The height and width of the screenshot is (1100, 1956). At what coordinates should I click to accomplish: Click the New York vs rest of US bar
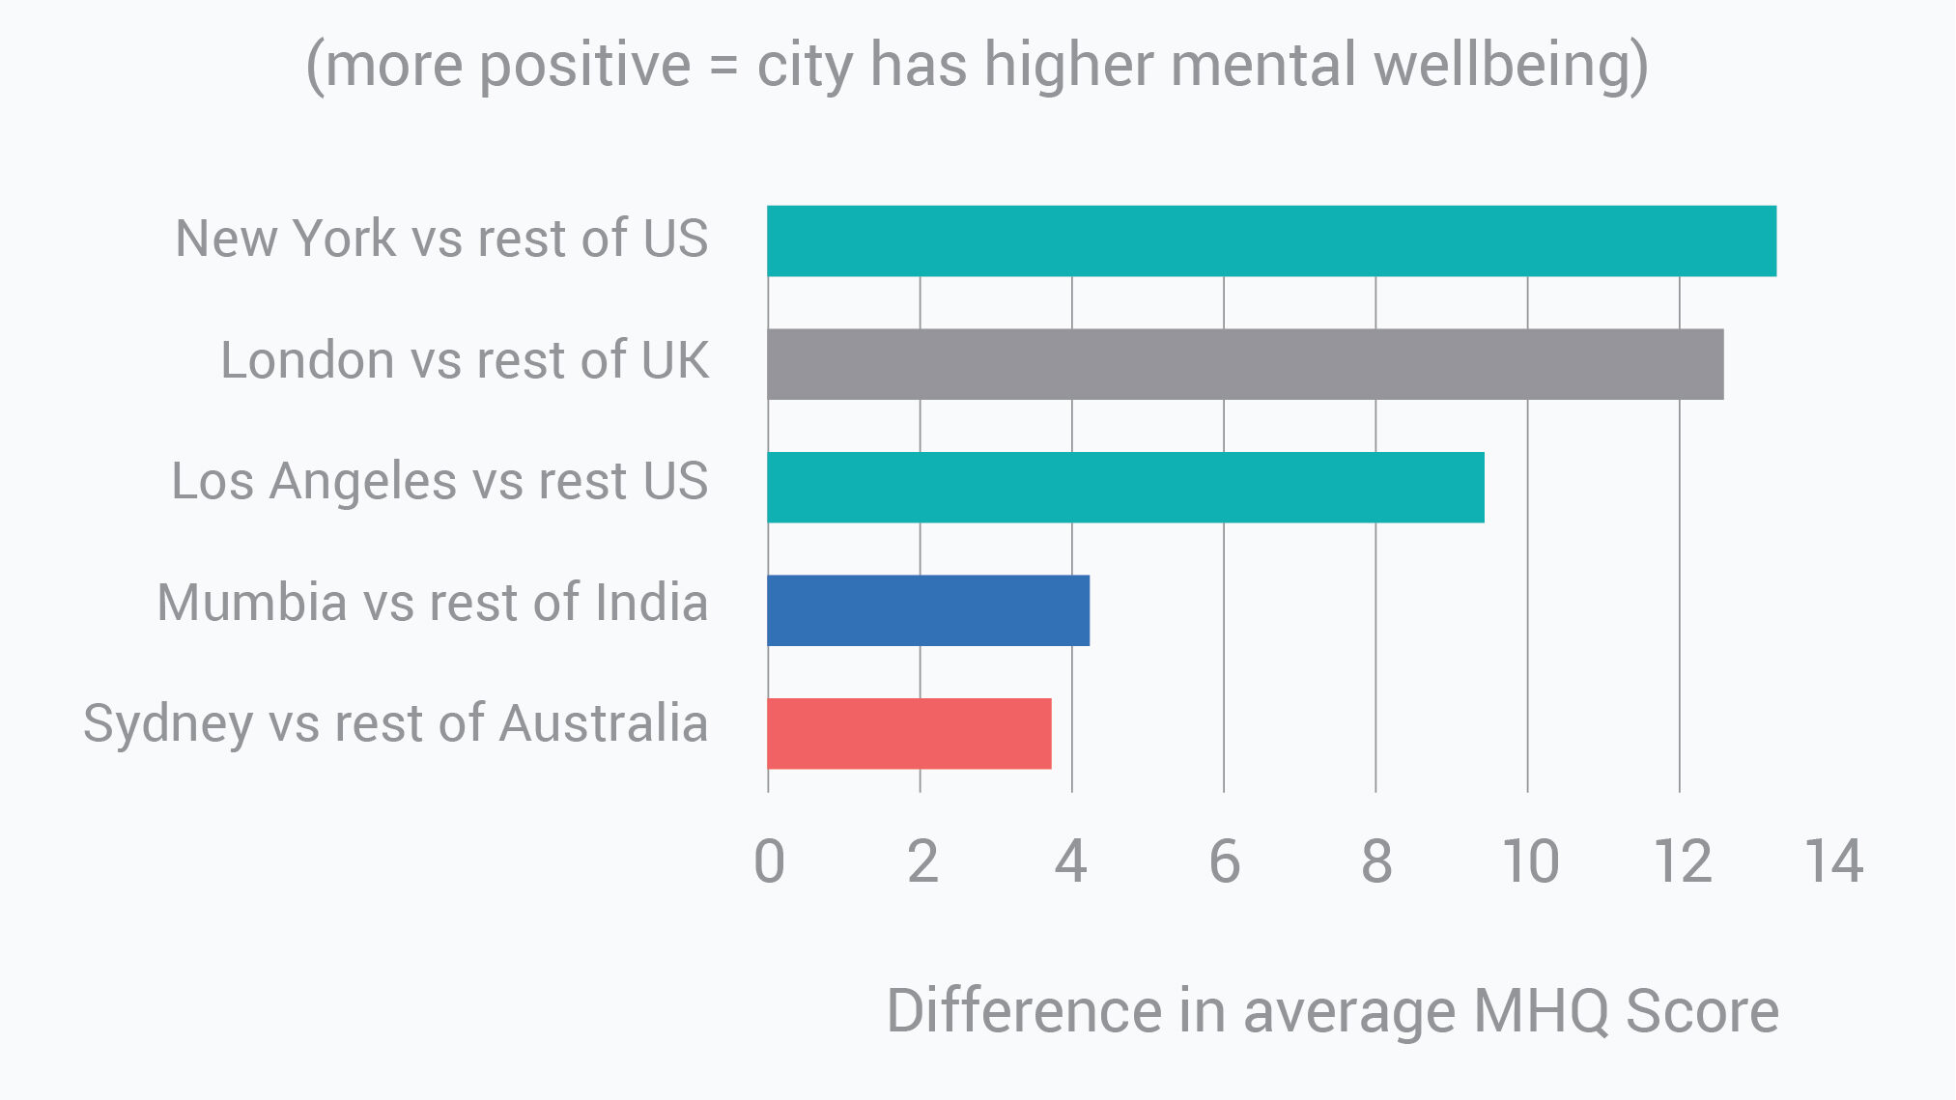coord(1271,240)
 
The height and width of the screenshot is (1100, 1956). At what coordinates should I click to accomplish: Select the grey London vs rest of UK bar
coord(1245,364)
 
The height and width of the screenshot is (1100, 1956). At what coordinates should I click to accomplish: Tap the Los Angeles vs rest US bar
coord(1125,487)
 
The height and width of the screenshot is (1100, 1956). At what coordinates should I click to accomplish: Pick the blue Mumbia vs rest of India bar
coord(928,610)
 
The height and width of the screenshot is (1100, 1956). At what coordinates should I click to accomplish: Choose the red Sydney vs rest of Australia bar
coord(909,733)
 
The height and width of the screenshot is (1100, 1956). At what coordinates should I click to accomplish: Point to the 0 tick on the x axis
coord(769,861)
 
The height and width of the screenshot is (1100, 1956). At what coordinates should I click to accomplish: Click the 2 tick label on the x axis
coord(921,861)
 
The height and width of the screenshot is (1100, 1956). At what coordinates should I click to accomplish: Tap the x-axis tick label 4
coord(1071,861)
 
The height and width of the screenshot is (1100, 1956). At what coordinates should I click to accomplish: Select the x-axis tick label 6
coord(1224,861)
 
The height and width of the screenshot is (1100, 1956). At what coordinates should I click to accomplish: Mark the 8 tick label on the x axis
coord(1375,861)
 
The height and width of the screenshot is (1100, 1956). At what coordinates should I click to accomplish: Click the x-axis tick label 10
coord(1529,861)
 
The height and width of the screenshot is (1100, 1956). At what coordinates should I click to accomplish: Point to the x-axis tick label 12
coord(1682,861)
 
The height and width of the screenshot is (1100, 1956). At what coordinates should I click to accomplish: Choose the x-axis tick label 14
coord(1833,861)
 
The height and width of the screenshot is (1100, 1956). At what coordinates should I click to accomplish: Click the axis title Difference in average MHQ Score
coord(1332,1011)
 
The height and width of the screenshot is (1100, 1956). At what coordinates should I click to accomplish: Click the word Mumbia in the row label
coord(252,603)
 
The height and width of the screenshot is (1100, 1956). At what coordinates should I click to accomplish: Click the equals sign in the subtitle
coord(723,66)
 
